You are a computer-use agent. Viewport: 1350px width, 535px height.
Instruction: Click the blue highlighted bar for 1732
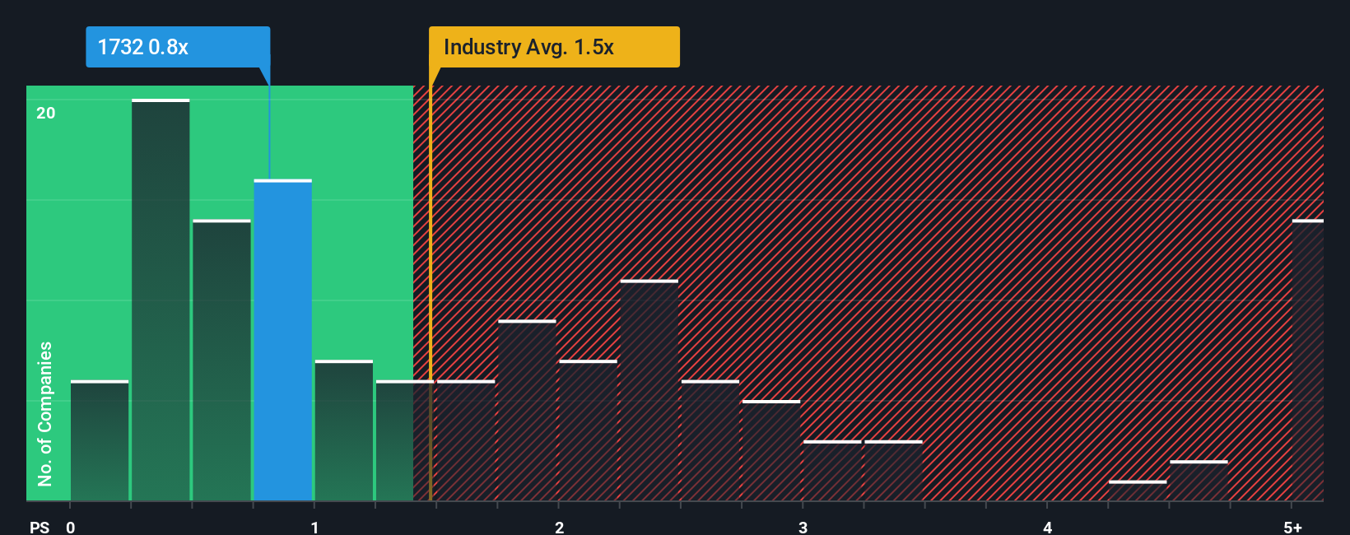click(282, 340)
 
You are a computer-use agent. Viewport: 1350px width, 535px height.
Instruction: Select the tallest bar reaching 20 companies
click(161, 300)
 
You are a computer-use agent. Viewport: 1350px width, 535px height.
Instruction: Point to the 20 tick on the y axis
click(46, 113)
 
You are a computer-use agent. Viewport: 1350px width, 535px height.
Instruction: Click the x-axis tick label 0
click(71, 527)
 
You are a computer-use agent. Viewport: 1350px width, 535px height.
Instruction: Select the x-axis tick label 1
click(314, 527)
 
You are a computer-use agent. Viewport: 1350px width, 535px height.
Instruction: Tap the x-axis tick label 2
click(559, 527)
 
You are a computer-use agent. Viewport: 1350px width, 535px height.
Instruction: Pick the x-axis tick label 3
click(803, 527)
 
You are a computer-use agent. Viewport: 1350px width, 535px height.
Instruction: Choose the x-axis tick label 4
click(1047, 527)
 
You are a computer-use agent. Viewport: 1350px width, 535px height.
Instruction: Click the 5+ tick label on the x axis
click(1292, 527)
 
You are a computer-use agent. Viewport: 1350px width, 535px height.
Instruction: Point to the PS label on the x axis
click(40, 527)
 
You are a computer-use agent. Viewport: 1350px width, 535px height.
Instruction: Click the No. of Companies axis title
click(45, 413)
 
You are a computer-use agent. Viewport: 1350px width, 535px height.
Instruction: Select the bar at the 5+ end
click(1307, 361)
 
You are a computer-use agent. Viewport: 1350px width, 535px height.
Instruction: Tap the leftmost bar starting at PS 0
click(100, 440)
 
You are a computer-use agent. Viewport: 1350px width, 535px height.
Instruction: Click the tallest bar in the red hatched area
click(649, 390)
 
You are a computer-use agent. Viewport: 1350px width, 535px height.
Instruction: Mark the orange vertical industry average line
click(431, 288)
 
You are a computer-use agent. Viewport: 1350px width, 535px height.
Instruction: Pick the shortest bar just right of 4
click(1138, 491)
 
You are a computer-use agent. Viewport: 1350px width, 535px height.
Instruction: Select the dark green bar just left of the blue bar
click(221, 361)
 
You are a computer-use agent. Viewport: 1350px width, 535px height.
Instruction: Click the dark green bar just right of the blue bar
click(344, 430)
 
